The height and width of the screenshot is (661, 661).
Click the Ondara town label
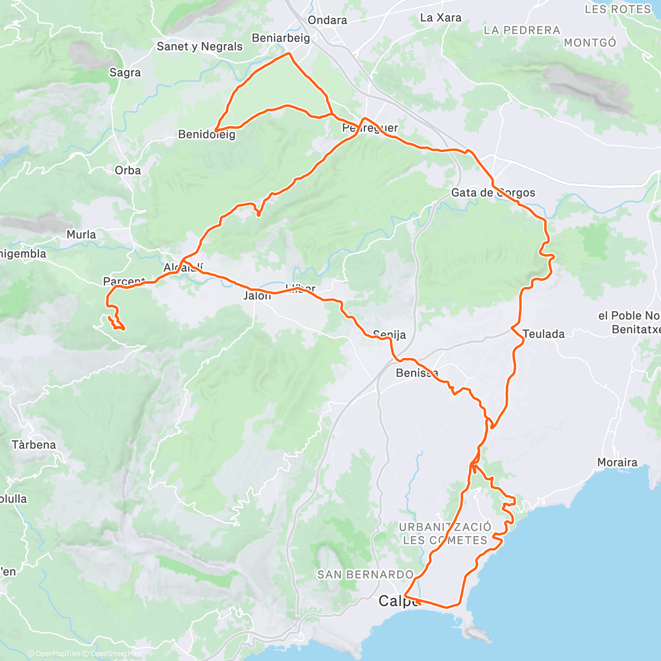[327, 20]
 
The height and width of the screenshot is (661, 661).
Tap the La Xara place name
[441, 18]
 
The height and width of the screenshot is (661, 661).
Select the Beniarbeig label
[281, 38]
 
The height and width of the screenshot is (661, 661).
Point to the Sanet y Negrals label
[199, 46]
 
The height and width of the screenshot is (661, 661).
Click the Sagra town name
[125, 73]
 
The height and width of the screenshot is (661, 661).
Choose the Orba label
[128, 171]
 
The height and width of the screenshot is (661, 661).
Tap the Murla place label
[81, 235]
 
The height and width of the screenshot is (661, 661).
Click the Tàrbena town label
[34, 445]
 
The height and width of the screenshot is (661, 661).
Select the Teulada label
[544, 334]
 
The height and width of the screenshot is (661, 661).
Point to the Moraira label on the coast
[617, 463]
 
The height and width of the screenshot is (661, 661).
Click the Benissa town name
[416, 373]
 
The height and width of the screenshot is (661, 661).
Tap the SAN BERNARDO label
[365, 575]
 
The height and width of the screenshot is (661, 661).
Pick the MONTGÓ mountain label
[590, 42]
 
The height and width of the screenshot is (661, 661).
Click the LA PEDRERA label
[522, 30]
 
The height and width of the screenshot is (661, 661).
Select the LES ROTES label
[617, 9]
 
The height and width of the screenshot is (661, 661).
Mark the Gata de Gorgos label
[493, 193]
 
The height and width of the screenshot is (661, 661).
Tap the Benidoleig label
[207, 134]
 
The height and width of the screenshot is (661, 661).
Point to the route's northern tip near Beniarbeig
[290, 53]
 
